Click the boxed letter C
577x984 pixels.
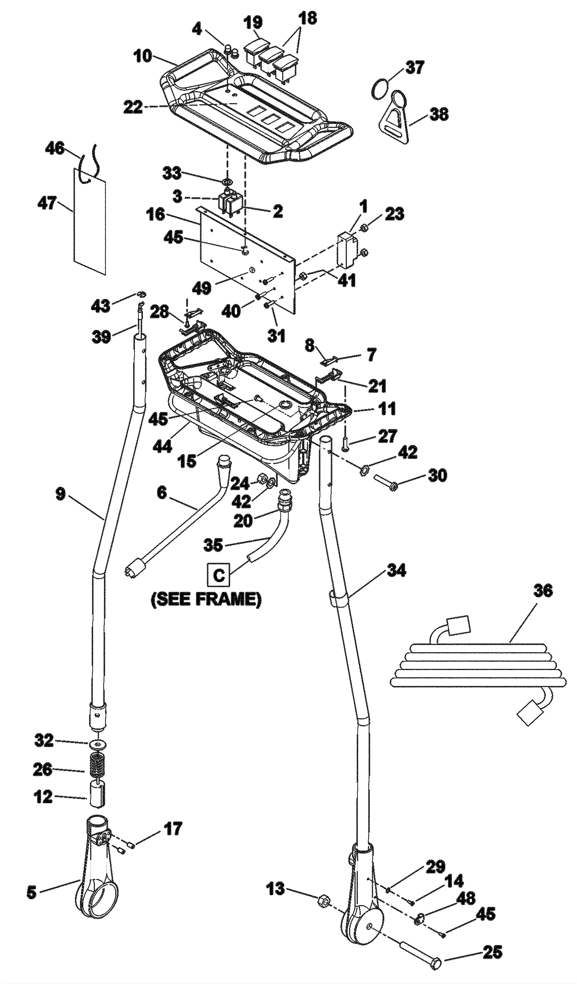(x=219, y=575)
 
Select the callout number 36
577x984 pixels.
(x=542, y=590)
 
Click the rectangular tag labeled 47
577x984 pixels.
(x=90, y=221)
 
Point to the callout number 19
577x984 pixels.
(x=253, y=22)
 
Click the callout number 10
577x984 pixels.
(x=142, y=56)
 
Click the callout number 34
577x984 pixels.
(x=396, y=571)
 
